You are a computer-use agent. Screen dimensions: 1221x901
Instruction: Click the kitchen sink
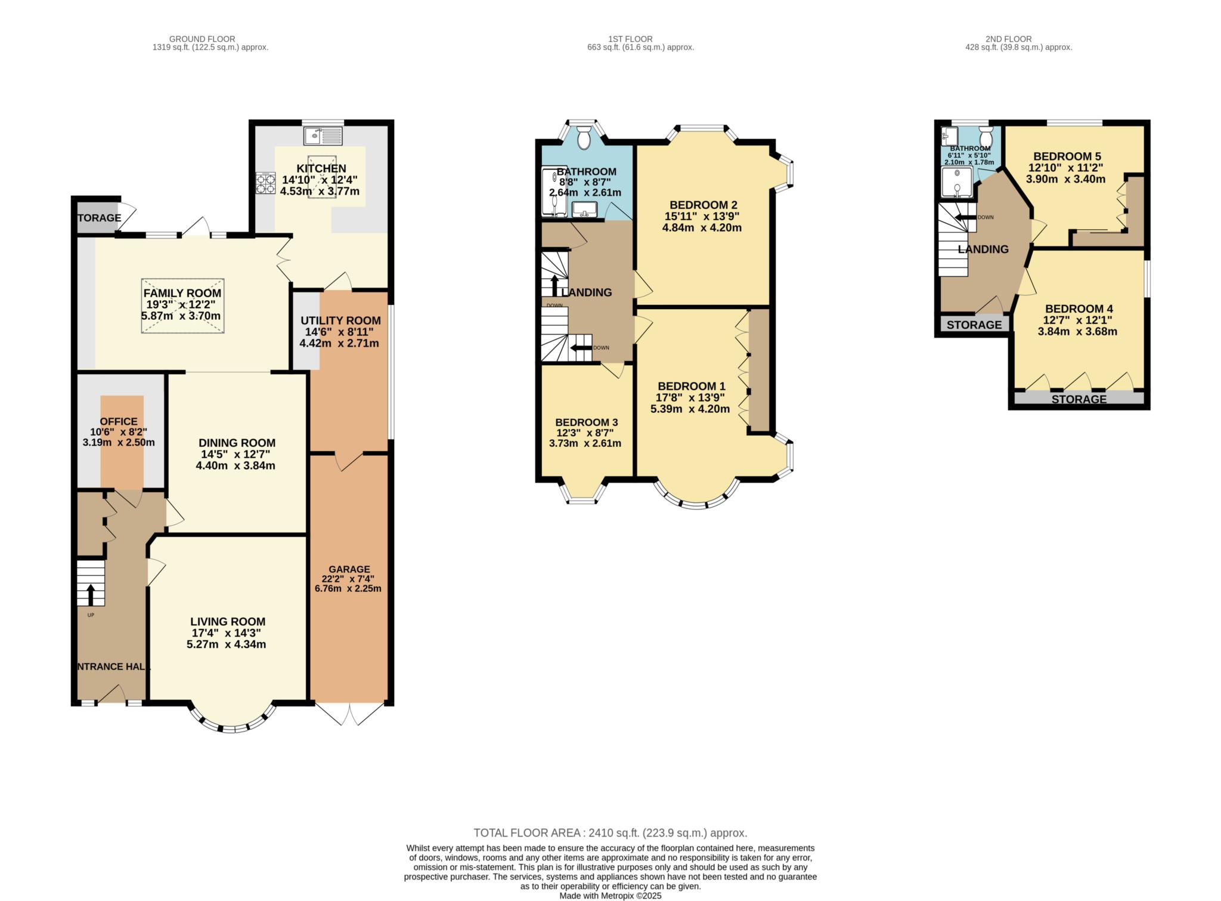[323, 135]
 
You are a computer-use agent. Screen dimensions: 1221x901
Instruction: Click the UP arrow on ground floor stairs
[91, 595]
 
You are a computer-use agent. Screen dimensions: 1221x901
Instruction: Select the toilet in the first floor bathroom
[583, 137]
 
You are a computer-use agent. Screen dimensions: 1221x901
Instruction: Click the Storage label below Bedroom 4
[1079, 399]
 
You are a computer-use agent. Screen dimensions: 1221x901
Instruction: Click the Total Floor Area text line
[610, 833]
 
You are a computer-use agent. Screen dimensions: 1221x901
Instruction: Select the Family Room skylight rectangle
[183, 306]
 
